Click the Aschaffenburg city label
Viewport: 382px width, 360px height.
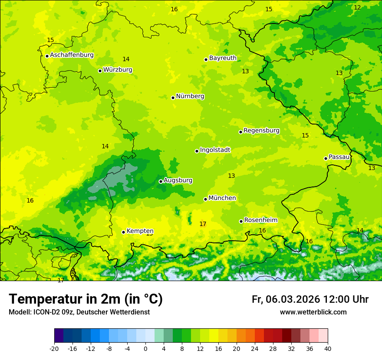[x=72, y=55]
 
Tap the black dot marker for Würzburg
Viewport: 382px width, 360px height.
[x=100, y=71]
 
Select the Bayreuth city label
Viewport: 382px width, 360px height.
[x=223, y=58]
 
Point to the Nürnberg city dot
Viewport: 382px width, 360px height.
[x=173, y=98]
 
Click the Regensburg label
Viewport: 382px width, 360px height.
[x=261, y=131]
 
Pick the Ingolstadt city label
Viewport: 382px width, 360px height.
[x=215, y=150]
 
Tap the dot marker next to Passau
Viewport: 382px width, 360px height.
[x=326, y=158]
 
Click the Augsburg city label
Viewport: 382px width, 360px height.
[x=178, y=180]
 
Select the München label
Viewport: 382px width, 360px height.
[x=222, y=198]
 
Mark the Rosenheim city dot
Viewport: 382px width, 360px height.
[x=241, y=221]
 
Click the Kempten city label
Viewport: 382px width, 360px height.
[x=140, y=231]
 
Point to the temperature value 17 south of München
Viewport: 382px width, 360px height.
[x=203, y=224]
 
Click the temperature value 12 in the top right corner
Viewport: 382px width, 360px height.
[x=357, y=8]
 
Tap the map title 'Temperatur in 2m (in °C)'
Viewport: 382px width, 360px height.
[x=86, y=299]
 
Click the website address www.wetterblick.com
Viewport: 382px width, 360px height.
[x=313, y=312]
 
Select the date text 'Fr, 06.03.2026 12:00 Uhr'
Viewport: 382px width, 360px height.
[x=310, y=300]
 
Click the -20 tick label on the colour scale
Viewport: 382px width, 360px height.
[x=54, y=348]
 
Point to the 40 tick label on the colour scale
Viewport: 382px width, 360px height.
[x=328, y=348]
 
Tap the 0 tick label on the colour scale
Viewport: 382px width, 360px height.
[x=145, y=348]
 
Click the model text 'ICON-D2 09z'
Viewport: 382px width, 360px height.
[x=52, y=312]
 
